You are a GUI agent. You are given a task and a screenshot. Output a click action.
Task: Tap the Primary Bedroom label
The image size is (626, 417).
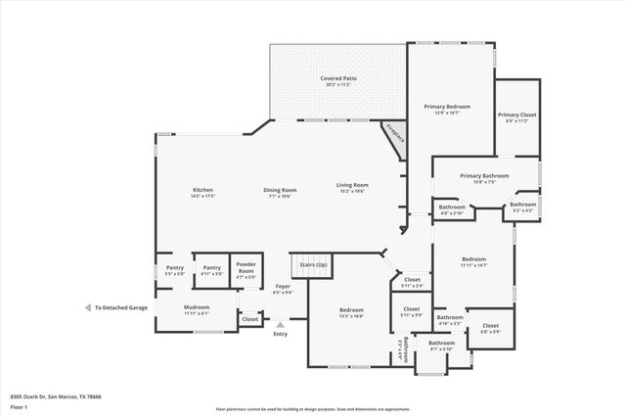(447, 109)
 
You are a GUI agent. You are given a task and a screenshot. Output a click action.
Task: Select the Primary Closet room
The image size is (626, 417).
(515, 117)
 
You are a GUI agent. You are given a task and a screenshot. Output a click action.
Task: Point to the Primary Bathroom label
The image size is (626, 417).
(484, 178)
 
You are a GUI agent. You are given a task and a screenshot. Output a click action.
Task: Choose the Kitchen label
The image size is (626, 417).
(202, 192)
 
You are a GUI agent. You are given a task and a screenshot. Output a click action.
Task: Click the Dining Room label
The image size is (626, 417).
(280, 192)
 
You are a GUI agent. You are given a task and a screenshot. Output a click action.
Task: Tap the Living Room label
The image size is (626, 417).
(352, 187)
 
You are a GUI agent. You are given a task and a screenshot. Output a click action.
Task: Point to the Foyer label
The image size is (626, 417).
(282, 289)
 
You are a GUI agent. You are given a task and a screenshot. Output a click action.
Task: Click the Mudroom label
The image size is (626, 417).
(197, 310)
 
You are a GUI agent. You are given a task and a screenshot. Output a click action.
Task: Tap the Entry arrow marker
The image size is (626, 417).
(281, 324)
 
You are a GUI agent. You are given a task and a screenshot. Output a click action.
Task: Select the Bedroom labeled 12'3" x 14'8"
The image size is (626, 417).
(351, 312)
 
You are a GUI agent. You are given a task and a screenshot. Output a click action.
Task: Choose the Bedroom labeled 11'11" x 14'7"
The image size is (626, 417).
(473, 262)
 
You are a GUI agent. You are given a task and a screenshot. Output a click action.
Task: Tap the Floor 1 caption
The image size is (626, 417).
(19, 406)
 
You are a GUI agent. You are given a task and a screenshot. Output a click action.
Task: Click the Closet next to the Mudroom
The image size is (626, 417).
(250, 318)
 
